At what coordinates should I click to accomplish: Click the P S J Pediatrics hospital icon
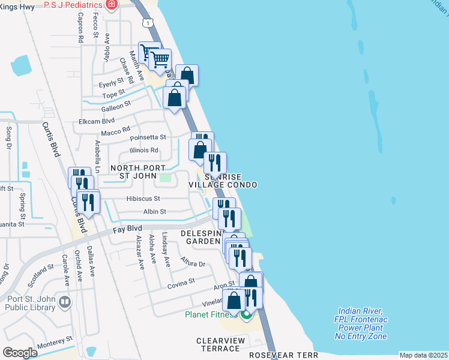click(x=111, y=5)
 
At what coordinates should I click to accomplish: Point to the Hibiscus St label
click(x=143, y=199)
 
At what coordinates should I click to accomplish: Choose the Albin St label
click(x=154, y=211)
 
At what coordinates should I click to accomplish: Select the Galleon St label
click(x=116, y=106)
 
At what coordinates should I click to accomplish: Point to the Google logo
click(x=20, y=352)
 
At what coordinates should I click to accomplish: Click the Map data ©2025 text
click(x=423, y=355)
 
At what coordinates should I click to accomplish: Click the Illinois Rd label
click(x=144, y=150)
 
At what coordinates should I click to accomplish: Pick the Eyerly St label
click(x=112, y=80)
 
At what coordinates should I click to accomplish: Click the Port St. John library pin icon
click(x=65, y=303)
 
